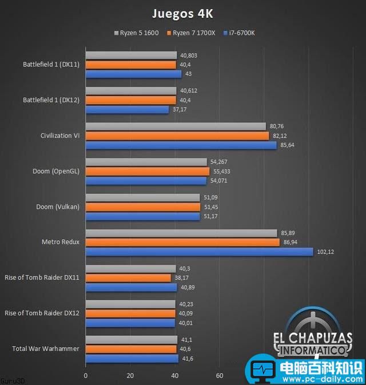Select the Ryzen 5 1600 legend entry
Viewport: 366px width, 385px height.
pos(137,33)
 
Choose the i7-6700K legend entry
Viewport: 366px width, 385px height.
pos(241,33)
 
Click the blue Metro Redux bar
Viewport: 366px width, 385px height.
pos(199,252)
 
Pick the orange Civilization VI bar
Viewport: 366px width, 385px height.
pos(177,136)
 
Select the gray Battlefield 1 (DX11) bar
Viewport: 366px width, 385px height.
pos(131,55)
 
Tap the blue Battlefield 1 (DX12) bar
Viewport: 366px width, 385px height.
pos(127,109)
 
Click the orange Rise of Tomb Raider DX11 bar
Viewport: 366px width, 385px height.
pos(128,278)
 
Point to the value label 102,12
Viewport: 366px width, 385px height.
pos(324,252)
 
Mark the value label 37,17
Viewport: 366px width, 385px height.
pos(179,109)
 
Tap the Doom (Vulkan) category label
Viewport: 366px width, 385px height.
pos(59,207)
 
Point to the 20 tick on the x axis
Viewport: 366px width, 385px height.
pos(130,376)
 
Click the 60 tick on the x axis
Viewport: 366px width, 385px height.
pos(219,376)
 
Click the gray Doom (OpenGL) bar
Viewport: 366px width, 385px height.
pos(146,162)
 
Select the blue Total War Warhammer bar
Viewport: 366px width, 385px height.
pos(132,359)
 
